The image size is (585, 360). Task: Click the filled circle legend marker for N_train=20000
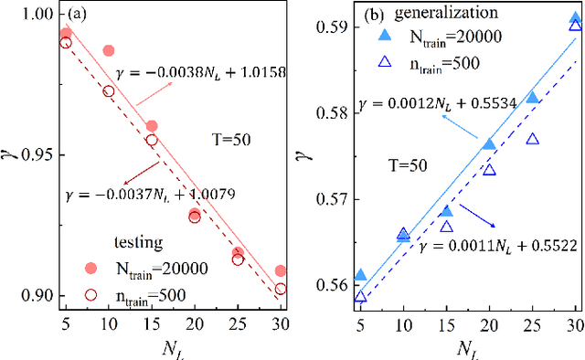pos(90,268)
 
